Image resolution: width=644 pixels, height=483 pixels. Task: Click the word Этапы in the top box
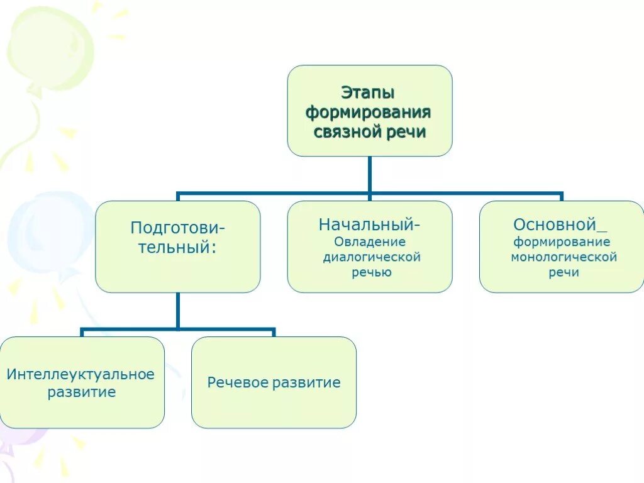[368, 93]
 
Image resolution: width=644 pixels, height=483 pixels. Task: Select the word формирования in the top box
[369, 113]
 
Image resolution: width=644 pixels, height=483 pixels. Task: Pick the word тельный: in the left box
[178, 247]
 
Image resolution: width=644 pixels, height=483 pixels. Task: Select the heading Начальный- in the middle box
[369, 225]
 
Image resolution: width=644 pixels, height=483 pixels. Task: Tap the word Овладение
[369, 242]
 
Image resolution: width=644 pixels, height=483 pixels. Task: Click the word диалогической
[371, 257]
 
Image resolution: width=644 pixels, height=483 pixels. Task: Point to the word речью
[371, 272]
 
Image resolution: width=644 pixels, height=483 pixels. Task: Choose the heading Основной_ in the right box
[560, 225]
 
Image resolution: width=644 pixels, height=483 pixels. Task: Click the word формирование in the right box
[562, 242]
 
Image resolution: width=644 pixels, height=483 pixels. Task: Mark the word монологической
[563, 257]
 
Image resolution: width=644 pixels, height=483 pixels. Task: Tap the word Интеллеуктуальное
[80, 375]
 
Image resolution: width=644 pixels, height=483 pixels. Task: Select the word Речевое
[236, 382]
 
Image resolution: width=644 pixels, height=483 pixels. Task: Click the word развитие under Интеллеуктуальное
[82, 393]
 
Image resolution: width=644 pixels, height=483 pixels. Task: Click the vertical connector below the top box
[370, 174]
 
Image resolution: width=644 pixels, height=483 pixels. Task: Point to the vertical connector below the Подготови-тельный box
[178, 310]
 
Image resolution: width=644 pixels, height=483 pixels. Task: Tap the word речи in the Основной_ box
[563, 272]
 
